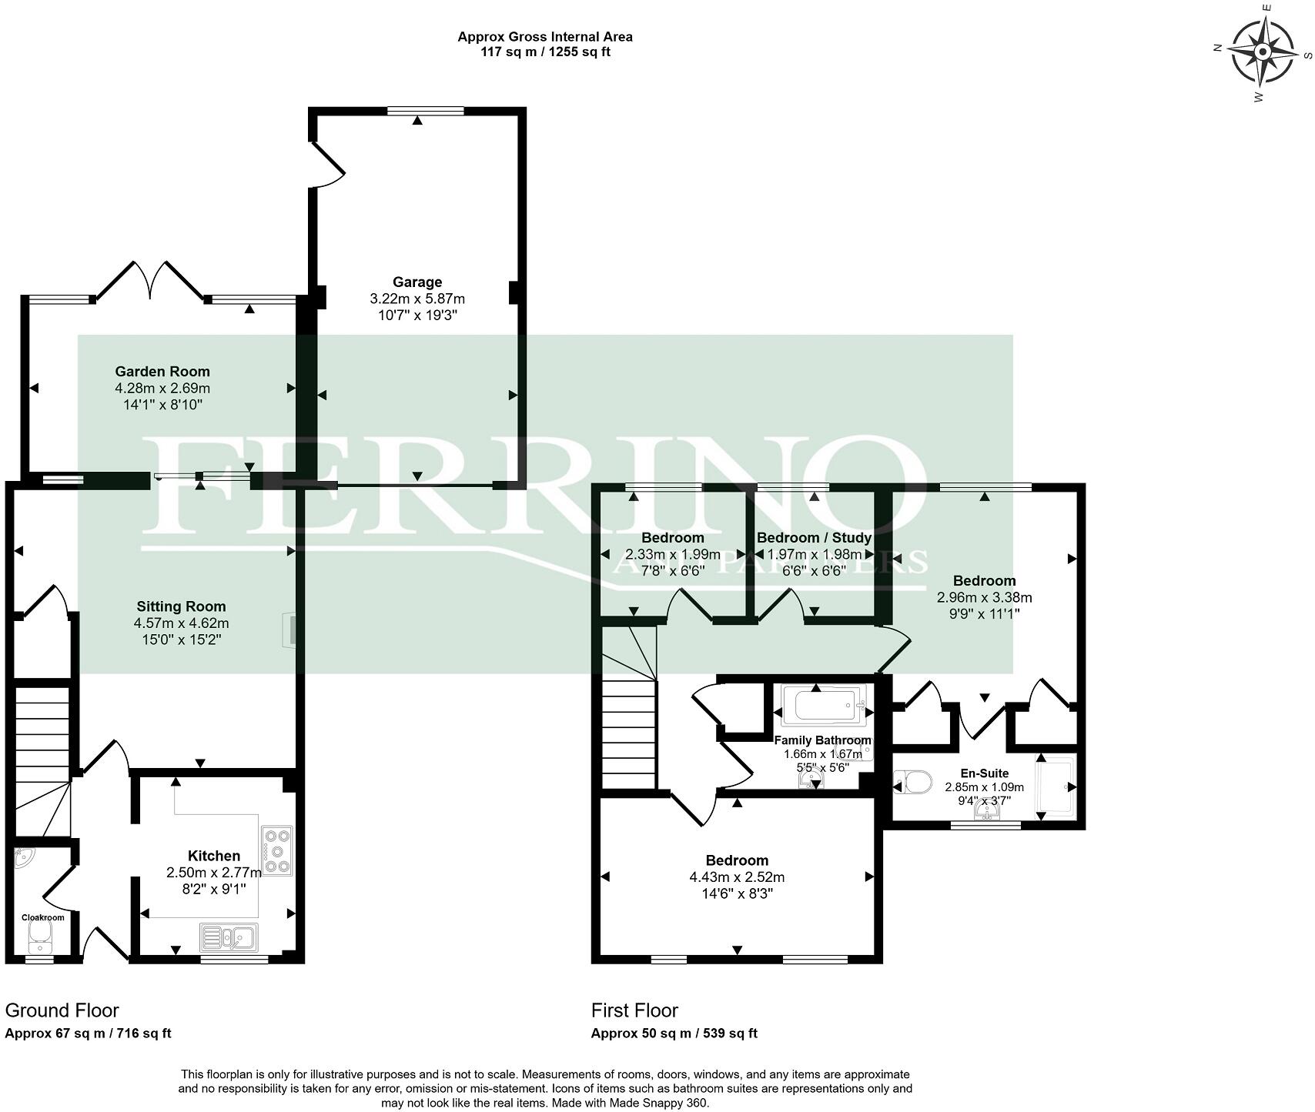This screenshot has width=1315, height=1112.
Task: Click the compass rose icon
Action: [1263, 52]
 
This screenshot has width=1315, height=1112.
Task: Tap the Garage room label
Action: [417, 282]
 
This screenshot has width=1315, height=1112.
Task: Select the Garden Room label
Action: [162, 372]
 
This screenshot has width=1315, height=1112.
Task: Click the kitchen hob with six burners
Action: [277, 850]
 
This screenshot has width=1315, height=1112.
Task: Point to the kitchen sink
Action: [229, 937]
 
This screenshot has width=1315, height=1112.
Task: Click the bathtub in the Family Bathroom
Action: [823, 705]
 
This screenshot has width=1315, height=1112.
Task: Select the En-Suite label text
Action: [984, 773]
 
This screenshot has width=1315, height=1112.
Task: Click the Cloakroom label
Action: [42, 917]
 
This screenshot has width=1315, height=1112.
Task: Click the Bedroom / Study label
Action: [814, 537]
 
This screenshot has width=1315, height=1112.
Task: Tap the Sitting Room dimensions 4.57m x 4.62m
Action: [181, 623]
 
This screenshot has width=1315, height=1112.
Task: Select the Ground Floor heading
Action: [62, 1010]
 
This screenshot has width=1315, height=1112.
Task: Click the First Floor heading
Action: [634, 1010]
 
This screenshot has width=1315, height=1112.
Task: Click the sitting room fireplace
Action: [291, 629]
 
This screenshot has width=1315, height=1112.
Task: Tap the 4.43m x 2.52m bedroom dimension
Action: [737, 877]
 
